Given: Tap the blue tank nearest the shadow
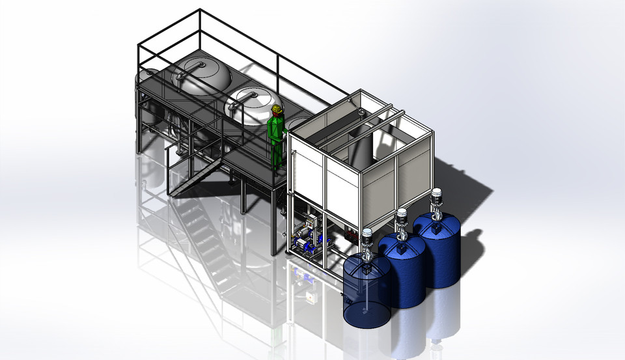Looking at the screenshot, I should click(437, 249).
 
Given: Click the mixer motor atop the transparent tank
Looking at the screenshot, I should click(367, 240).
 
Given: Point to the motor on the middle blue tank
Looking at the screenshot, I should click(402, 220).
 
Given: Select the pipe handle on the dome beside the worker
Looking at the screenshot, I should click(246, 95).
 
